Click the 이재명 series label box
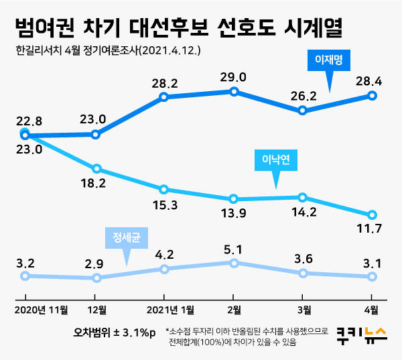[x=329, y=60]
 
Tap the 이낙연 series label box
[x=276, y=160]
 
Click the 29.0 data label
[x=233, y=77]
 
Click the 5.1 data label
[x=233, y=249]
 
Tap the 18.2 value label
[x=96, y=183]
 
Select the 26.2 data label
[x=303, y=95]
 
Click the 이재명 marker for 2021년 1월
[x=163, y=97]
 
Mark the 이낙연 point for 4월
[x=372, y=215]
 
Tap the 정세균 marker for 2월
[x=233, y=263]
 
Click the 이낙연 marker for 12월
[x=96, y=168]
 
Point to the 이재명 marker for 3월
[x=303, y=111]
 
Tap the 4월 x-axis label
[x=371, y=310]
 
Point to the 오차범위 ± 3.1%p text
[x=115, y=333]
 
